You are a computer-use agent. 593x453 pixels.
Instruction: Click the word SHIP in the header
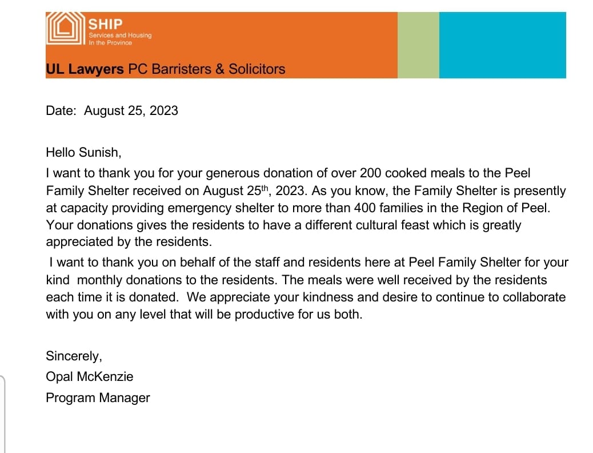click(x=106, y=24)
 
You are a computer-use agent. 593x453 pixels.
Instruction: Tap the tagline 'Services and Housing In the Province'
click(x=120, y=39)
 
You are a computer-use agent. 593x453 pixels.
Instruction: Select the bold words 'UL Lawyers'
click(x=85, y=69)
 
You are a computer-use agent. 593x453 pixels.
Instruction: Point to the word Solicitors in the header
click(x=257, y=69)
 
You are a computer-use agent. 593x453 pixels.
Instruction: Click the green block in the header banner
click(x=418, y=45)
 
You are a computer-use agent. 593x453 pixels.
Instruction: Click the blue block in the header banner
click(x=502, y=45)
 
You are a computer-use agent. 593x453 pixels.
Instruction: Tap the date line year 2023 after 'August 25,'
click(x=163, y=110)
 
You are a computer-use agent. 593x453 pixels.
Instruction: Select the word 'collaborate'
click(x=531, y=297)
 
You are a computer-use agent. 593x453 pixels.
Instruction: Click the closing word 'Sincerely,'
click(x=74, y=356)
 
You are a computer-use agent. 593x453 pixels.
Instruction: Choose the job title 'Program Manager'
click(x=98, y=398)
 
